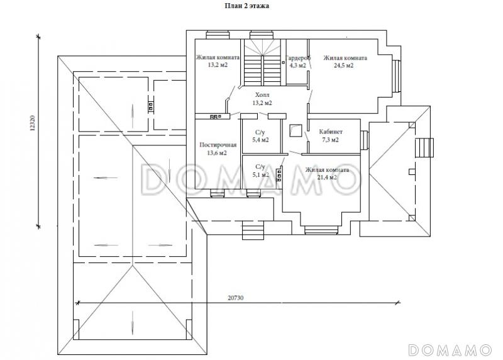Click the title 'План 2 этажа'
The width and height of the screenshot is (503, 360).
pyautogui.click(x=246, y=6)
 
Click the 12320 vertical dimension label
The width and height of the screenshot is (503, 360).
pyautogui.click(x=32, y=123)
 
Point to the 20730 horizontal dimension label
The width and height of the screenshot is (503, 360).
pyautogui.click(x=235, y=298)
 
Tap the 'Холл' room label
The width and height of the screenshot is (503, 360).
pyautogui.click(x=262, y=95)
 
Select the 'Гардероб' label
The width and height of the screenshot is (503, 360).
pyautogui.click(x=298, y=58)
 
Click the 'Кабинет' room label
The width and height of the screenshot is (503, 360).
pyautogui.click(x=331, y=132)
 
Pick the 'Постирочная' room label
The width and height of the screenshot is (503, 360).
pyautogui.click(x=218, y=145)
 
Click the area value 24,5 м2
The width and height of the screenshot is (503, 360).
pyautogui.click(x=343, y=65)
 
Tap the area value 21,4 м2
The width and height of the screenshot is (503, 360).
pyautogui.click(x=327, y=177)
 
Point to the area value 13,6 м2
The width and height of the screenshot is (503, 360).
pyautogui.click(x=217, y=153)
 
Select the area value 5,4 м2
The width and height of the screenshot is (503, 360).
pyautogui.click(x=260, y=140)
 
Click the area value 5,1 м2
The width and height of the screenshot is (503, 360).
pyautogui.click(x=260, y=175)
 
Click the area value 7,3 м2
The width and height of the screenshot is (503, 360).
pyautogui.click(x=331, y=140)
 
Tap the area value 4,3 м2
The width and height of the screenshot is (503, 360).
pyautogui.click(x=297, y=65)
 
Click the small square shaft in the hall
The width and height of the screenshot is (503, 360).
pyautogui.click(x=295, y=130)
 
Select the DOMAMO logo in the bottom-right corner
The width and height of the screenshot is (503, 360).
pyautogui.click(x=450, y=350)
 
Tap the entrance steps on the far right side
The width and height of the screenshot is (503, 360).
pyautogui.click(x=424, y=147)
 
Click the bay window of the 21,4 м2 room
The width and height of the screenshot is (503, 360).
pyautogui.click(x=321, y=230)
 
